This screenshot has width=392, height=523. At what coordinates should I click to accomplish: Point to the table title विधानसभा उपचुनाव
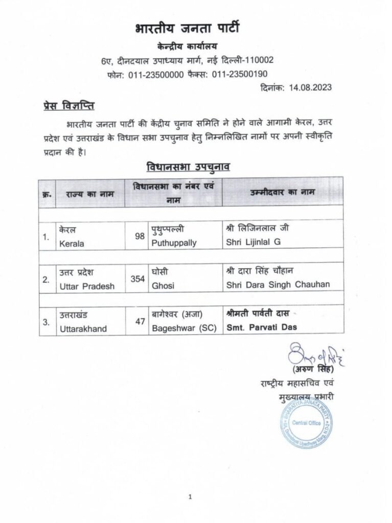(x=189, y=167)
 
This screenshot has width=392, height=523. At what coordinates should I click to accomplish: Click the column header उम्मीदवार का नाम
(x=282, y=192)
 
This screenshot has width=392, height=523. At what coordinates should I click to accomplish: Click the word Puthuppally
(x=174, y=243)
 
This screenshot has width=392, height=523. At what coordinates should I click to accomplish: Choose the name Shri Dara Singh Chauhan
(x=278, y=285)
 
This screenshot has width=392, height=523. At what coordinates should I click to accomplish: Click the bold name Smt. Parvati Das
(x=262, y=327)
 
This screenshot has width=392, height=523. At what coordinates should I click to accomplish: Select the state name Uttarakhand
(x=83, y=329)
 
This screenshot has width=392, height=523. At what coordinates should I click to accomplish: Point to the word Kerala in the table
(x=72, y=244)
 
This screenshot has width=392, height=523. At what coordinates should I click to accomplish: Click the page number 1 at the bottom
(x=190, y=496)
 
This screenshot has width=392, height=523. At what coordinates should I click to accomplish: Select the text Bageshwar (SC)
(x=181, y=328)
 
